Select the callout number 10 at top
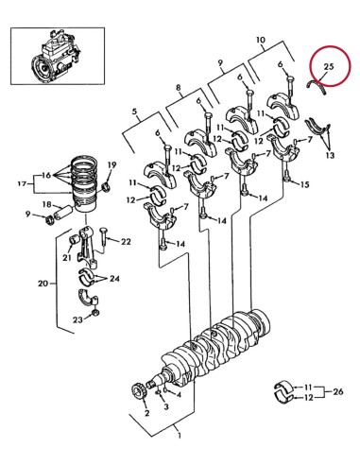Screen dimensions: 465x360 260,41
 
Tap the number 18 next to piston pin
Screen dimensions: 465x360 45,204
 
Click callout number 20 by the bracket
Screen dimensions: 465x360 42,283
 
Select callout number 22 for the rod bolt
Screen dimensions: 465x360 126,242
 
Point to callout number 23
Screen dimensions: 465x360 79,319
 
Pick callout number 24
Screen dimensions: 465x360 115,279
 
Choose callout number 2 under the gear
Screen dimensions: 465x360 146,414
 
